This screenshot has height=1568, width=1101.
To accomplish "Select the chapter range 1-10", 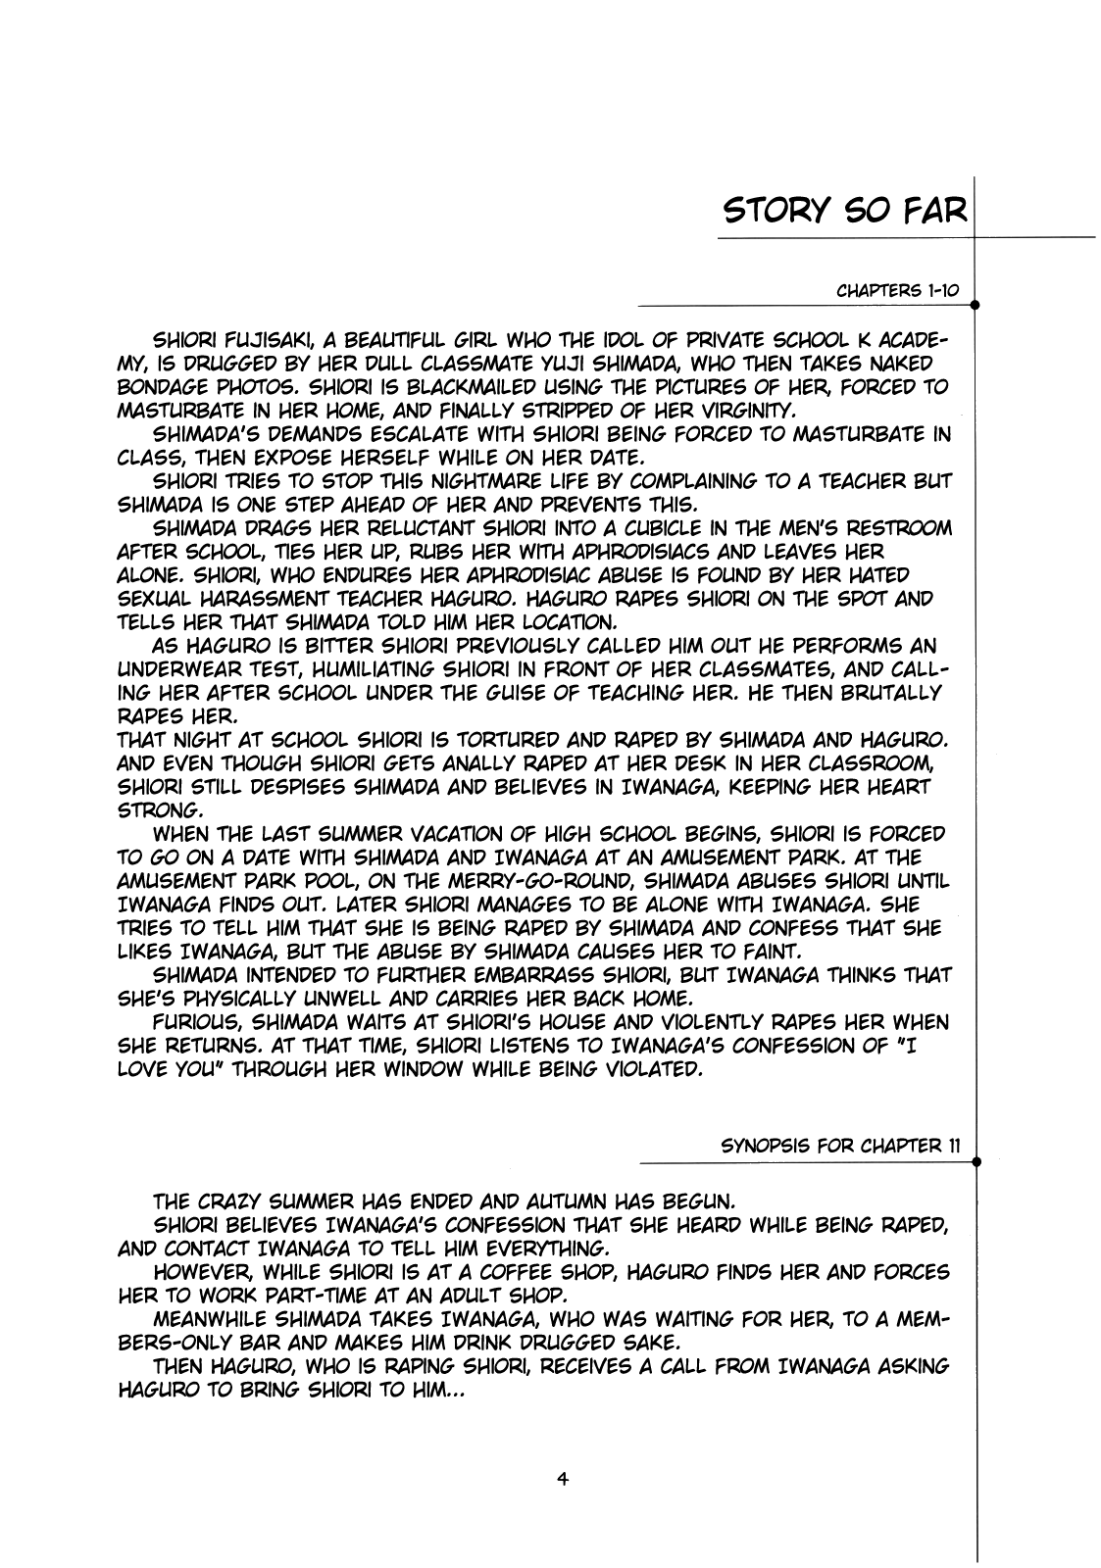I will click(x=937, y=291).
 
